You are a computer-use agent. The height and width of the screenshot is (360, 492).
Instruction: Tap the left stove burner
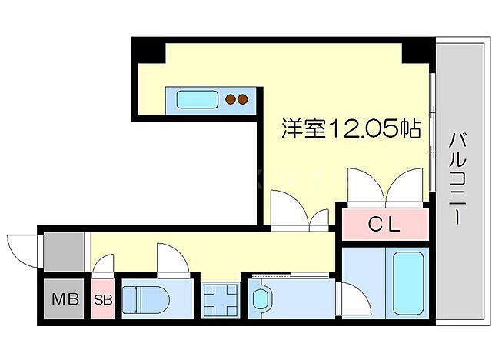click(x=229, y=98)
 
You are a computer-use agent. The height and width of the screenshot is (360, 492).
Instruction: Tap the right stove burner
click(x=242, y=98)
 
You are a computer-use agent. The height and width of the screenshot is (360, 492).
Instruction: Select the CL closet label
click(x=384, y=225)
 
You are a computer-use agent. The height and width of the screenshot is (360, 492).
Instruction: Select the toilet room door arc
click(x=171, y=258)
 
